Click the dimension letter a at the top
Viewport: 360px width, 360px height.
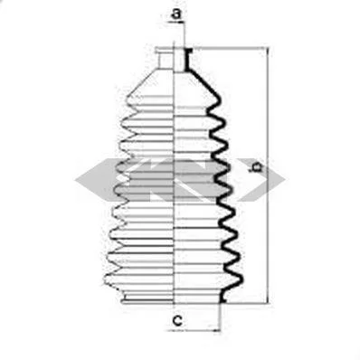point(176,14)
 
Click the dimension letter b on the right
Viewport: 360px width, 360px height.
point(257,166)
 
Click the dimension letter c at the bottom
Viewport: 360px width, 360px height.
point(178,320)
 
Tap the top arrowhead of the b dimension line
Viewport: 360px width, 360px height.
point(268,51)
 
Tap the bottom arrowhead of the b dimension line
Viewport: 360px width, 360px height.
point(268,299)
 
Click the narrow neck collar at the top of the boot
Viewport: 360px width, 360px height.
point(165,59)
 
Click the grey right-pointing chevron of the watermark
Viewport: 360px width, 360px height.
point(261,180)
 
